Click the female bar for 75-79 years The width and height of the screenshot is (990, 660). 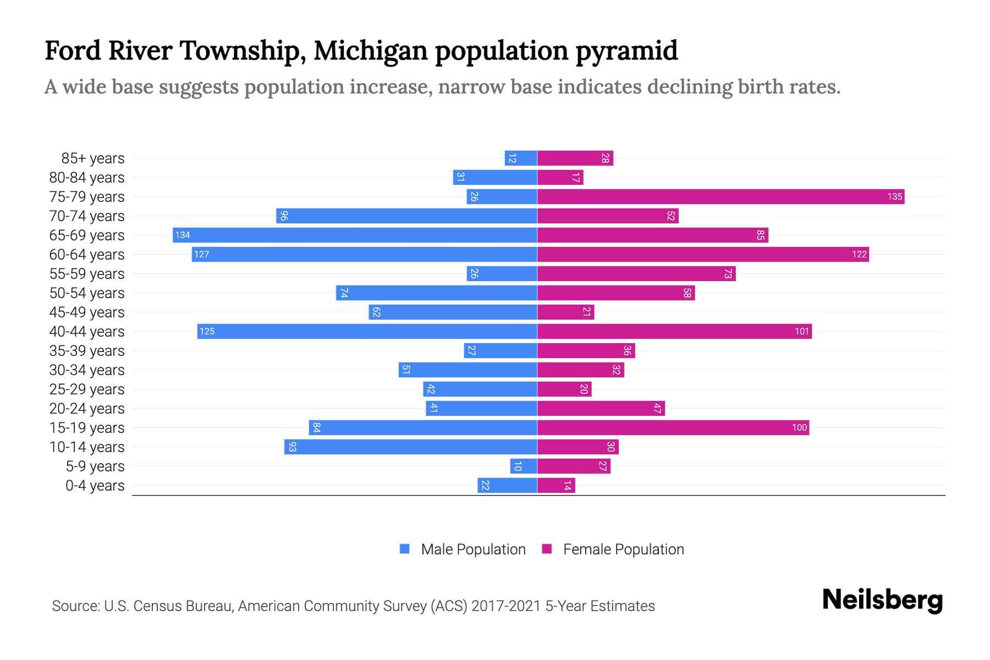721,196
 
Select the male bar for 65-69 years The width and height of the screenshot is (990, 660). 355,235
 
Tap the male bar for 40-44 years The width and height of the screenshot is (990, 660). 367,331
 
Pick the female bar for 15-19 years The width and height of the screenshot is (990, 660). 673,427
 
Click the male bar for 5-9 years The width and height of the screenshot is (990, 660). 524,466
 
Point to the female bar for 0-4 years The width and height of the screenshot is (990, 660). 556,485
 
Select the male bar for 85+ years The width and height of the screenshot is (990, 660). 521,158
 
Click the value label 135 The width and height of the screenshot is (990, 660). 894,196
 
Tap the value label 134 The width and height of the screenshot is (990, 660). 183,235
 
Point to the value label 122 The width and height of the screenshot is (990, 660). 859,254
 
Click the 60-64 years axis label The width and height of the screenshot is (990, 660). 87,255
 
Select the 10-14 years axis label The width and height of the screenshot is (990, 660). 87,447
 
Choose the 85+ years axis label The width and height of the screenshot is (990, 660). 93,158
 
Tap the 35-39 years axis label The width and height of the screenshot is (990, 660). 87,351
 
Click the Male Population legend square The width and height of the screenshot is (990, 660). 405,549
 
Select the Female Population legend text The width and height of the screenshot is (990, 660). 623,549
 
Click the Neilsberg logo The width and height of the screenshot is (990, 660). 882,599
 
